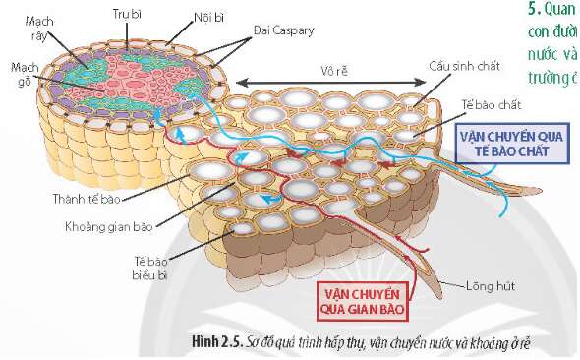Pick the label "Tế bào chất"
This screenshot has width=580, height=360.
[x=494, y=103]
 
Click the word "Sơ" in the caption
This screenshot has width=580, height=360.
[x=252, y=341]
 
